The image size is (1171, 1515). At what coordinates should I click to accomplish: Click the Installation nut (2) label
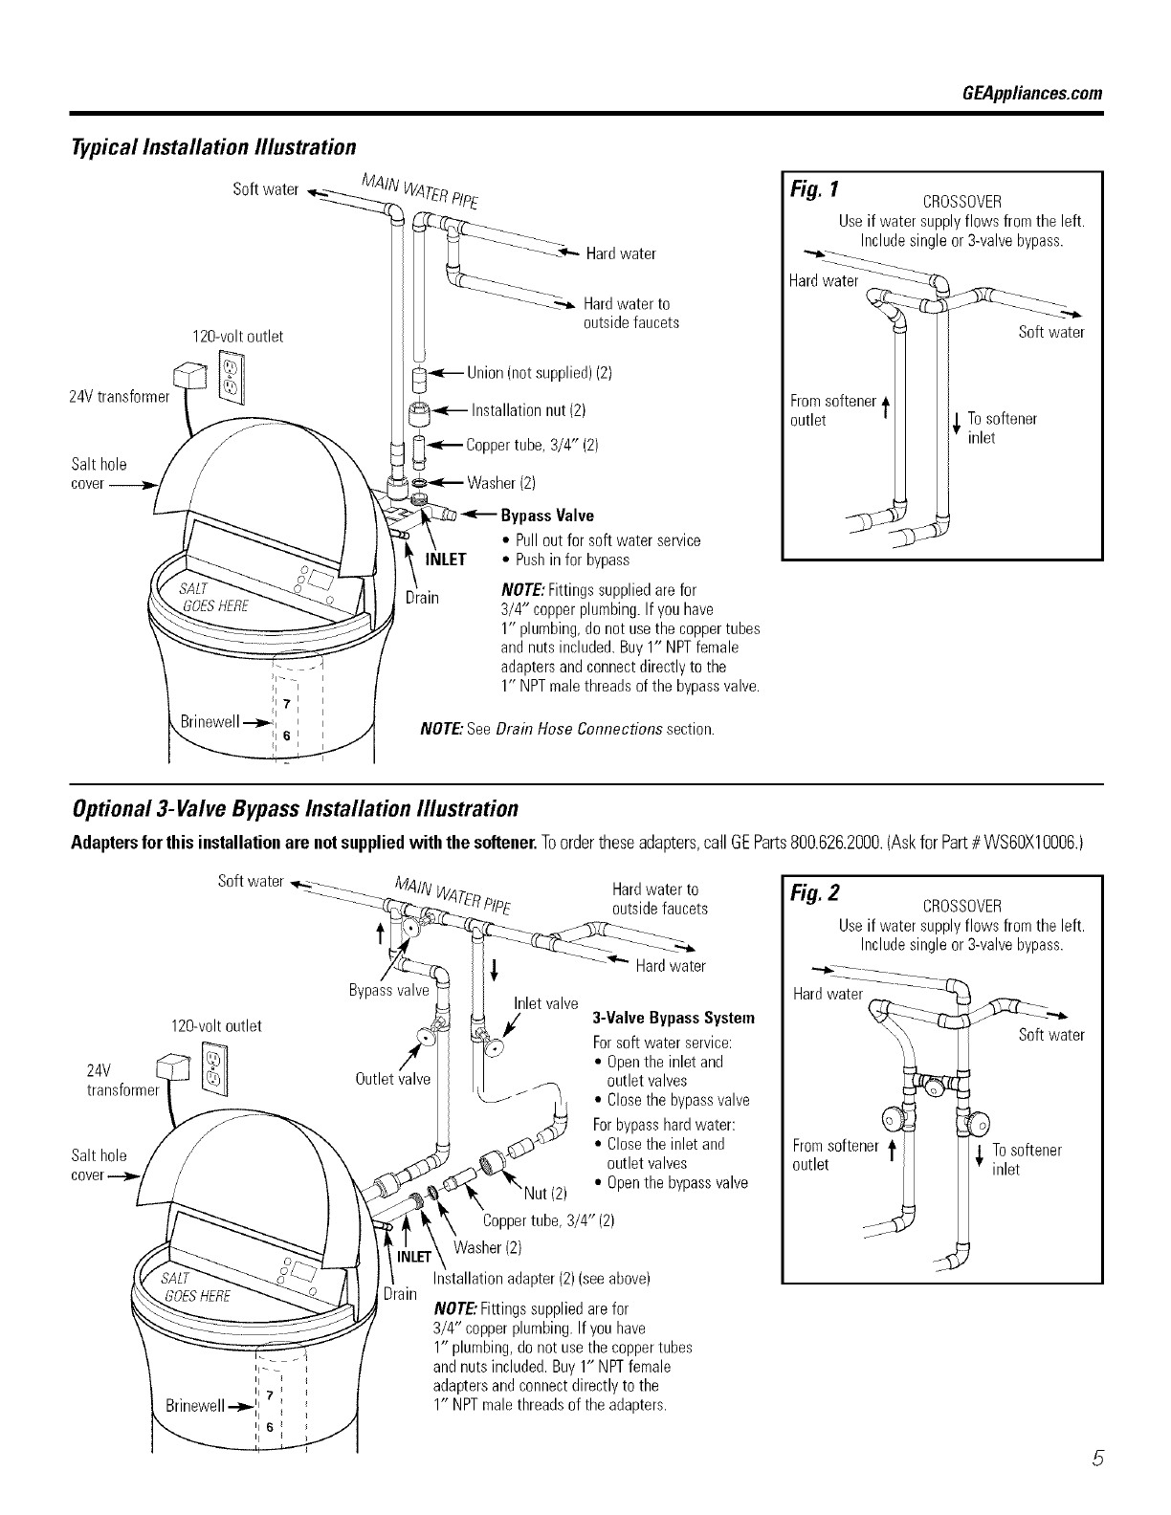coord(529,410)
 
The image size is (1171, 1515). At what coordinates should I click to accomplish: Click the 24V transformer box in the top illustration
coord(188,376)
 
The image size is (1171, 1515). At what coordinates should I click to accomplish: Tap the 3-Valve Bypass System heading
coord(674,1017)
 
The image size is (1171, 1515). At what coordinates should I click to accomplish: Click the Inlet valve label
coord(545,1003)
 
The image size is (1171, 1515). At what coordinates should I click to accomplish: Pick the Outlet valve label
coord(392,1079)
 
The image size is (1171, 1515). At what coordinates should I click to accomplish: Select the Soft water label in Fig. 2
coord(1051,1035)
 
